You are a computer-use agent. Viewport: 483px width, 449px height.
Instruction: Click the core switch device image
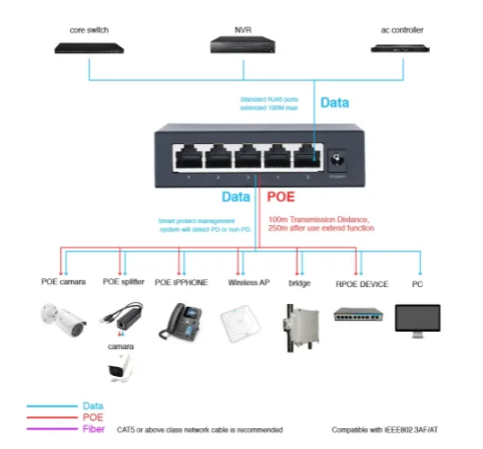point(89,46)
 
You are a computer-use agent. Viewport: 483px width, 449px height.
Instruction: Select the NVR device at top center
point(241,44)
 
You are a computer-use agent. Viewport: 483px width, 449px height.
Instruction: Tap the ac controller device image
point(403,46)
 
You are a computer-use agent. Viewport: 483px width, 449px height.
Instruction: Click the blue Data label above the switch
point(335,102)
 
